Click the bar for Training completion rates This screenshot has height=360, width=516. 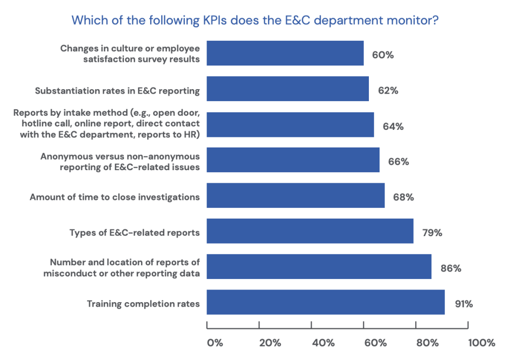pos(326,302)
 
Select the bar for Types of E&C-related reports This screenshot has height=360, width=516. pos(310,231)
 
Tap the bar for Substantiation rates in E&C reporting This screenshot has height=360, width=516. pos(288,89)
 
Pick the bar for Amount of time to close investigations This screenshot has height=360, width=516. pos(296,195)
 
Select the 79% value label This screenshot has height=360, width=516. pos(431,233)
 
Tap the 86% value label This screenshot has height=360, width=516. pos(450,268)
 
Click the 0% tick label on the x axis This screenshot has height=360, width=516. pos(215,343)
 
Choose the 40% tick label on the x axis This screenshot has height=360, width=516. pos(323,343)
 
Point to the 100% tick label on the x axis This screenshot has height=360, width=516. pos(481,343)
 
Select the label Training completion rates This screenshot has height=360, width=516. pos(143,304)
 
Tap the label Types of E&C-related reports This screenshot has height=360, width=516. pos(134,233)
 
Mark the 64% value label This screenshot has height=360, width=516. pos(393,126)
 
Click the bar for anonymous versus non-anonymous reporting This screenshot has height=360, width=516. pos(293,160)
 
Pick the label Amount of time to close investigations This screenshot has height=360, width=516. pos(114,197)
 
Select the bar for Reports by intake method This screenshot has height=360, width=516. pos(290,124)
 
